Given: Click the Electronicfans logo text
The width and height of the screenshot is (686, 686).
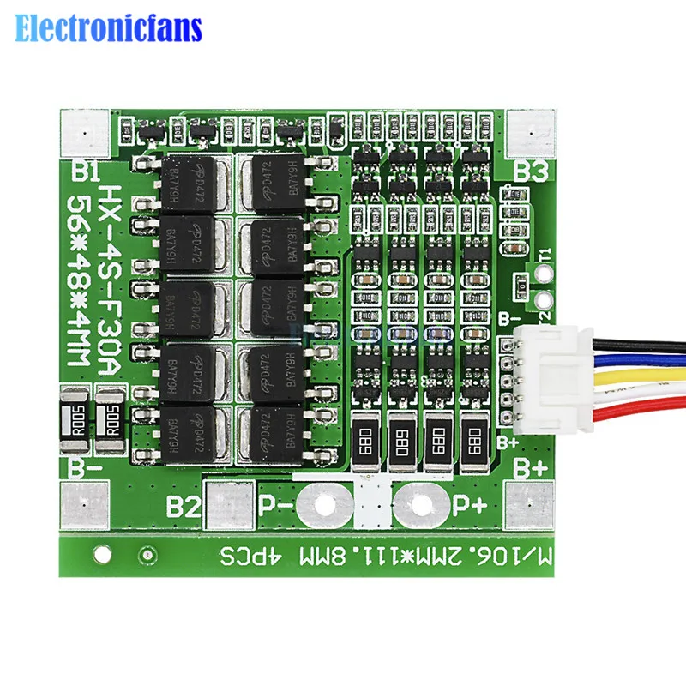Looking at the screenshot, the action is pyautogui.click(x=109, y=29).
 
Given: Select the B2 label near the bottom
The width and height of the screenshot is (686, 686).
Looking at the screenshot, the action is pyautogui.click(x=184, y=505).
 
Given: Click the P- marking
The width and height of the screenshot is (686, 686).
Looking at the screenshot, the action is pyautogui.click(x=275, y=505).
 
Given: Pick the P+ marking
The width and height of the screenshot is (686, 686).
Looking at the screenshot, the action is pyautogui.click(x=471, y=505).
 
